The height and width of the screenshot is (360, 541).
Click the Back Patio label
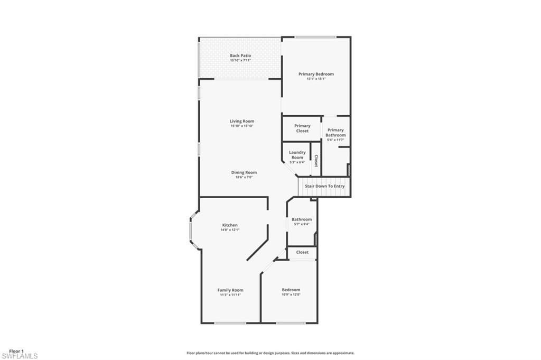point(240,56)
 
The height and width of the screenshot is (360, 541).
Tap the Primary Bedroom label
point(316,74)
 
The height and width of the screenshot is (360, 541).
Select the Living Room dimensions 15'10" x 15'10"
point(242,126)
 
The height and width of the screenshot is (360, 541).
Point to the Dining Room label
point(244,172)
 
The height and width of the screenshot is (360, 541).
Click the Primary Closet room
point(302,128)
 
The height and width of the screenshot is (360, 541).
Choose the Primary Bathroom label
point(335,132)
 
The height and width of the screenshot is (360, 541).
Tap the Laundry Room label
point(297,155)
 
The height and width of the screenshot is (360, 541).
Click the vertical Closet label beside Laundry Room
point(316,161)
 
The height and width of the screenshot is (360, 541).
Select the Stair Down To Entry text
point(324,186)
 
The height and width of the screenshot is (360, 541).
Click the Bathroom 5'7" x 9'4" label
point(302,219)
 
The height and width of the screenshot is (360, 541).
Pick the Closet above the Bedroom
point(302,253)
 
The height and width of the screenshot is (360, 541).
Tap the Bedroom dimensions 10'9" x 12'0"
point(291,294)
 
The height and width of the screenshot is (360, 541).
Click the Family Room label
point(230,290)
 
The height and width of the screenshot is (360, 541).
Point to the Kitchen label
point(230,225)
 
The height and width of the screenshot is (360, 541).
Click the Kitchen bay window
point(193,230)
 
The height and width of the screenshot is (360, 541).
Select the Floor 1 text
point(16,351)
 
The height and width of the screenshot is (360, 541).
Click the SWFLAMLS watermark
point(20,356)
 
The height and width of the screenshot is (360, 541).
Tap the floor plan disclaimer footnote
point(270,353)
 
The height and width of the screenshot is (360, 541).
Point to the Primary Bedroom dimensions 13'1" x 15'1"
point(316,79)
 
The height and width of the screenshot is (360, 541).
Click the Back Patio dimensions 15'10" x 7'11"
point(240,61)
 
